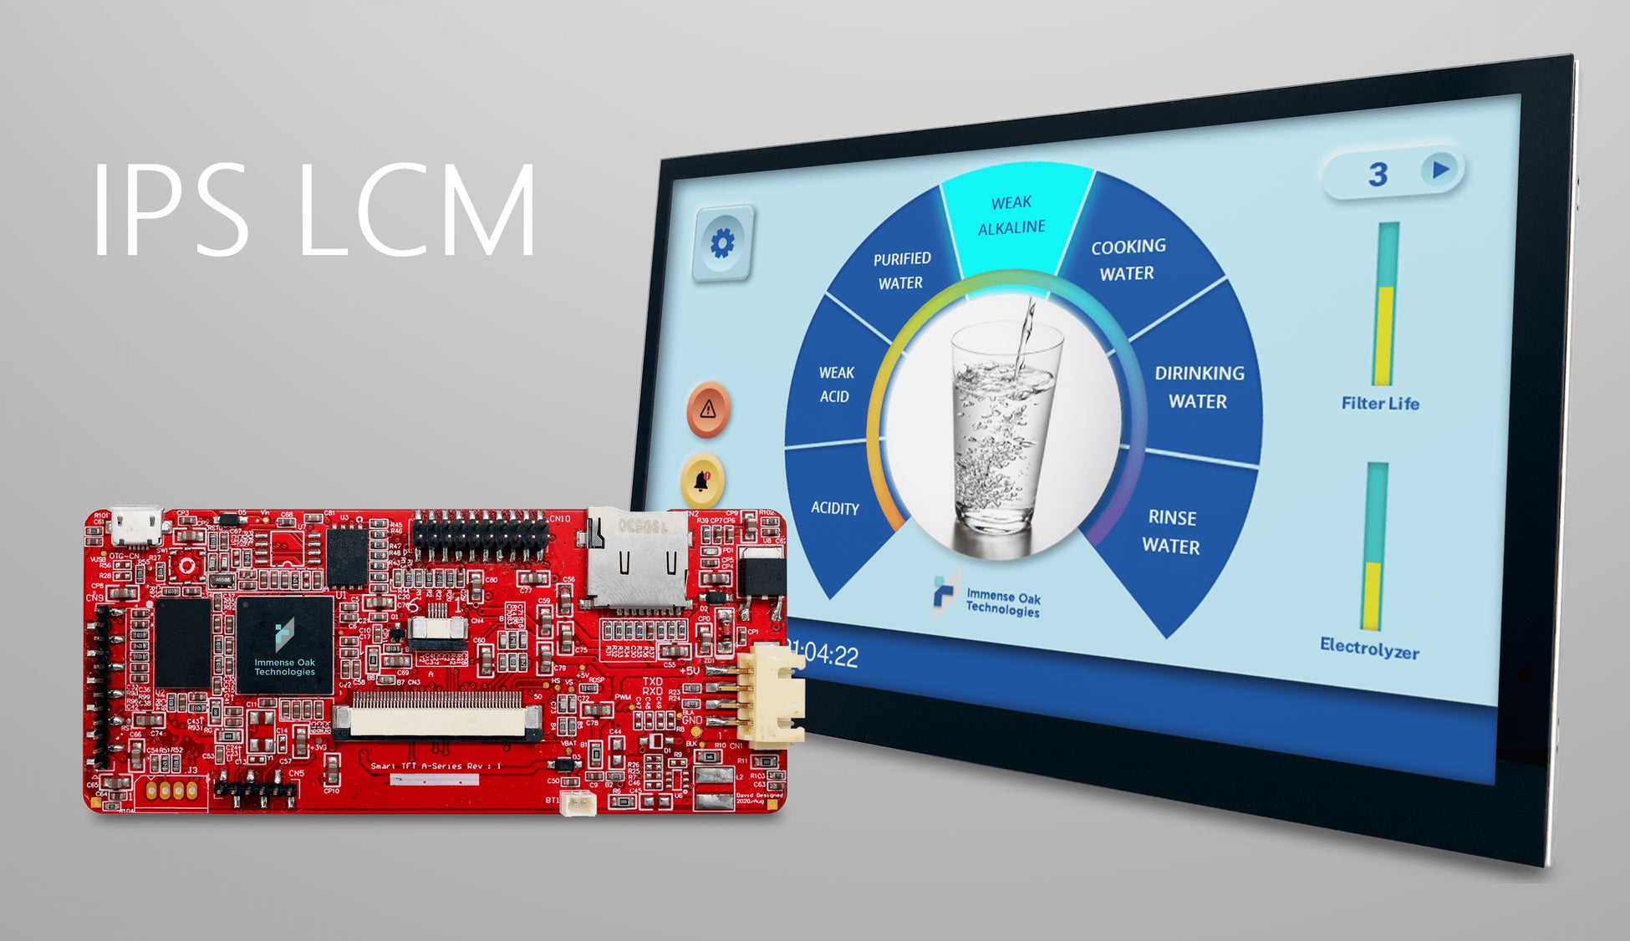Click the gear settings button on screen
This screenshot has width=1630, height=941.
coord(722,243)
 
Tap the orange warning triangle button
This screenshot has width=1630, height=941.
coord(708,409)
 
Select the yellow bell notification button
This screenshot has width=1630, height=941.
coord(702,481)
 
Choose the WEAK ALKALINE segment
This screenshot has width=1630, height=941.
coord(1011,215)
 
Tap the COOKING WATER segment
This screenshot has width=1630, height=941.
coord(1128,260)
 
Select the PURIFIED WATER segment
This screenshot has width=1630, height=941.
coord(901,271)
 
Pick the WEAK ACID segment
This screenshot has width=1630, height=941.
coord(835,384)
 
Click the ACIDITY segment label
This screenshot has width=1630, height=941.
coord(834,507)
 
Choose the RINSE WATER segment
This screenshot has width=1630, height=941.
coord(1171,532)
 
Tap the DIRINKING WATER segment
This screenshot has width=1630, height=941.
coord(1199,387)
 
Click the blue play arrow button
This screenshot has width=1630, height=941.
coord(1439,170)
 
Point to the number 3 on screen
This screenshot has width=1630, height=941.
coord(1378,174)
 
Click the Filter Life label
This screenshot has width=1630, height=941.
coord(1380,403)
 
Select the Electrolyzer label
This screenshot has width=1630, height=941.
coord(1369,648)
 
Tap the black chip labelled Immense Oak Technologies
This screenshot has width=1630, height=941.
coord(284,644)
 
